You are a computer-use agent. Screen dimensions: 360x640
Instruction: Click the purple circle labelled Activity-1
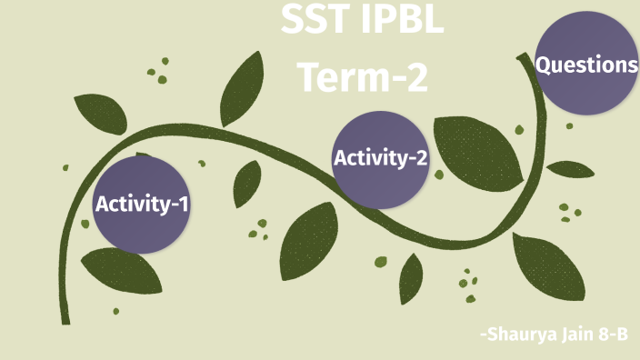point(141,204)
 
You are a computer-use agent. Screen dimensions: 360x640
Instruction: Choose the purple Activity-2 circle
point(381,158)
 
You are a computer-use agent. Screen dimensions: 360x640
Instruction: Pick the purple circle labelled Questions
point(585,65)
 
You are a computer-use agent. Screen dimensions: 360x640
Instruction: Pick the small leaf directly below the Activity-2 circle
point(411,278)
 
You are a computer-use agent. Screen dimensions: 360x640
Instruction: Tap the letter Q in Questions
point(544,65)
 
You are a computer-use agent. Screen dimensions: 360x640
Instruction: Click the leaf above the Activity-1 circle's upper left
point(96,113)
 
